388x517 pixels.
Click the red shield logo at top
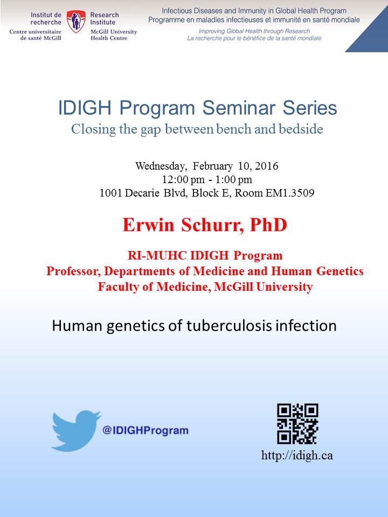[x=76, y=22]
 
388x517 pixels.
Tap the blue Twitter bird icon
[x=76, y=431]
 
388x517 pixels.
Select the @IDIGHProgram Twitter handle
[x=145, y=430]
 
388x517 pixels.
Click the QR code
[x=297, y=424]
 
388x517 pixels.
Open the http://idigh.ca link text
[x=297, y=456]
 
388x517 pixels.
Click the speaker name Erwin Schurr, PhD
[x=205, y=225]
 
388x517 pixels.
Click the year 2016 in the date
[x=267, y=165]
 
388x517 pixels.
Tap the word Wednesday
[x=161, y=166]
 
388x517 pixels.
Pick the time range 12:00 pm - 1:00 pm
[x=207, y=179]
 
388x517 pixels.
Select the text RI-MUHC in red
[x=157, y=255]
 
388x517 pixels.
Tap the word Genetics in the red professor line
[x=340, y=271]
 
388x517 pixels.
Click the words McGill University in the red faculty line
[x=264, y=287]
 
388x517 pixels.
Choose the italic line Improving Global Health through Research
[x=254, y=31]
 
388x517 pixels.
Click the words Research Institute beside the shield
[x=105, y=18]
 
